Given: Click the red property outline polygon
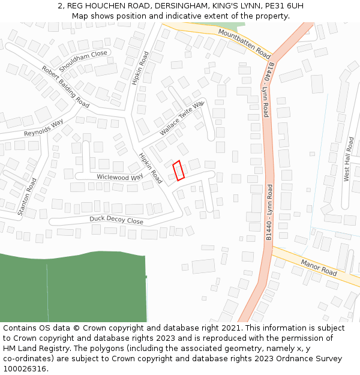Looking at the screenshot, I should click(178, 170).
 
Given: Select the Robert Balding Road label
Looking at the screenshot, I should click(65, 87).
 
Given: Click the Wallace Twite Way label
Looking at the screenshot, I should click(182, 119).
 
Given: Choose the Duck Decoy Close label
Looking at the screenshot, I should click(116, 220).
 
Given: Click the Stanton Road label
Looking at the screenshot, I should click(28, 197).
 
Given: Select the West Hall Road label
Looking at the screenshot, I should click(348, 159).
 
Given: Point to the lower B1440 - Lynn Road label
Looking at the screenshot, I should click(269, 213).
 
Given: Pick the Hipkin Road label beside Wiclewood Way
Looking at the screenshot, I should click(150, 168).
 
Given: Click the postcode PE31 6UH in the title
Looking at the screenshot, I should click(281, 6).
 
